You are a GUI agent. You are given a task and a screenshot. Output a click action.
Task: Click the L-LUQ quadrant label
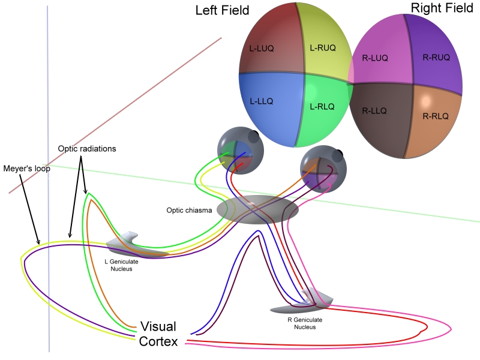coord(262,48)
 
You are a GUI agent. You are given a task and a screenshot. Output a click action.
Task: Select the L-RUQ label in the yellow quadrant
coord(322,47)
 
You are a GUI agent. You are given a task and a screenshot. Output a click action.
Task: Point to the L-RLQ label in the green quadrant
coord(322,106)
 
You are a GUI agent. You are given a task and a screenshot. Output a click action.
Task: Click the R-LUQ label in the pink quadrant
coord(375,58)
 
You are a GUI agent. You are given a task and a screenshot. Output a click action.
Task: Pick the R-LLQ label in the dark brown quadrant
coord(374,111)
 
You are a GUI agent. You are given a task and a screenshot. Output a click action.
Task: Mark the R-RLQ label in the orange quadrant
coord(435,116)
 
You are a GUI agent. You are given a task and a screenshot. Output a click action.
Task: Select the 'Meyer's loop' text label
coord(27,169)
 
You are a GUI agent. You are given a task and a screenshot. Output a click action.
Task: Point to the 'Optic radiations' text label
coord(86,148)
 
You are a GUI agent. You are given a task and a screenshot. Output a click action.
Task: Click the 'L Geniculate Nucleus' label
coord(117,266)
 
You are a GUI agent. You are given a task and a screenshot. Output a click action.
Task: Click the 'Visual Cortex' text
coord(158,334)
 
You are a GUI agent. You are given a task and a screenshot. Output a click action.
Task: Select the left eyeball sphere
coord(238,148)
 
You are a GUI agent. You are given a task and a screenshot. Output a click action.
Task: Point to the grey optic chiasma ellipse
coord(257,210)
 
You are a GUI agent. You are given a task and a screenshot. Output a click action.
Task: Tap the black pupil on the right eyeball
coord(340,157)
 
